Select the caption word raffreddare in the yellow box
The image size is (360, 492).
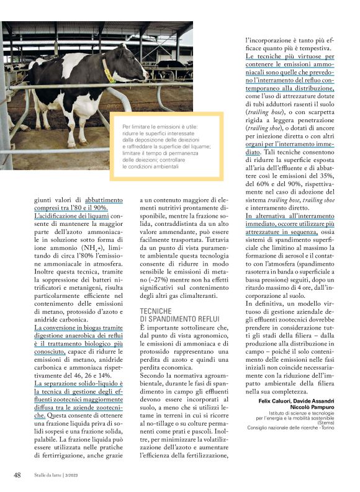pyautogui.click(x=142, y=146)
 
